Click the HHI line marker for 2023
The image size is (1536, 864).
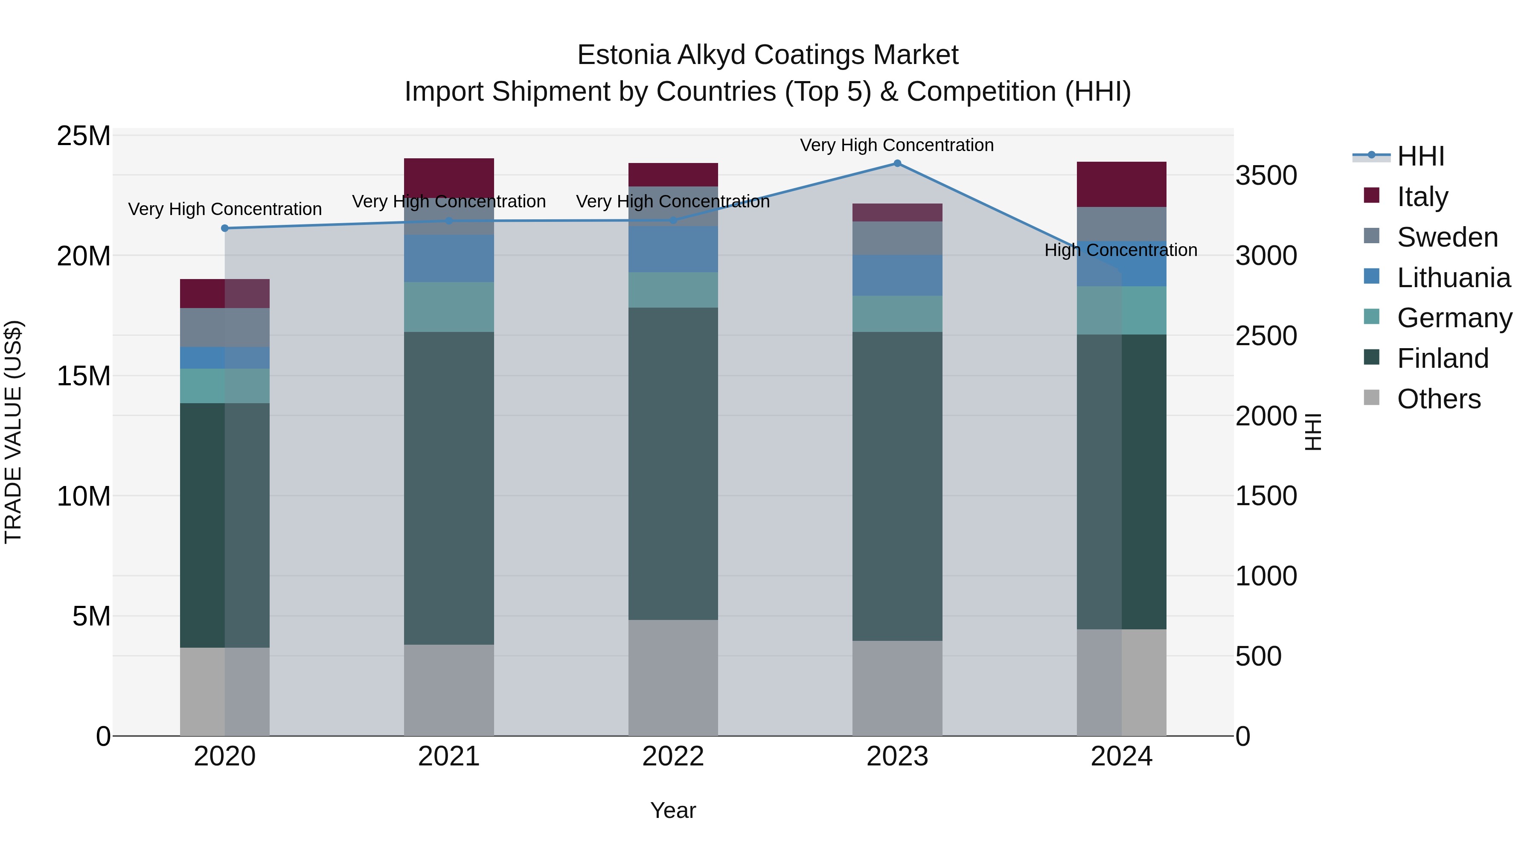(x=897, y=163)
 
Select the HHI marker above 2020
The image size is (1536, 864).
(x=225, y=228)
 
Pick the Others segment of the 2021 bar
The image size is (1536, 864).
(x=448, y=690)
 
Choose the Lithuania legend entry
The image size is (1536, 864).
(x=1453, y=278)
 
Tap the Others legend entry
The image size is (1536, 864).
(x=1438, y=399)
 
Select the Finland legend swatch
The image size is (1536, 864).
(x=1371, y=358)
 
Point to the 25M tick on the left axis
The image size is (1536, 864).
(x=84, y=136)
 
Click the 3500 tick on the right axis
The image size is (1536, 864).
(x=1265, y=176)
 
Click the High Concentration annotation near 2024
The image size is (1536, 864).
(x=1120, y=250)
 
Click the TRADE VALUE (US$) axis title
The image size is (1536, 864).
(x=13, y=432)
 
